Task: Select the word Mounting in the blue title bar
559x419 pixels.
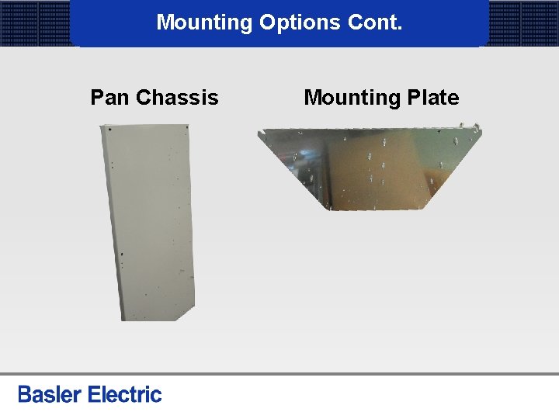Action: click(x=204, y=23)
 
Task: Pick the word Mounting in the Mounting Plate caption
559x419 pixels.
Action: click(x=351, y=98)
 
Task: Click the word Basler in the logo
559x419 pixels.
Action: click(x=50, y=394)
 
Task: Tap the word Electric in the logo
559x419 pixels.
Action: click(x=125, y=394)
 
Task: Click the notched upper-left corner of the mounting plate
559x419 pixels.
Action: click(x=262, y=133)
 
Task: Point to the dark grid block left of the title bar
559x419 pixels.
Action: click(x=35, y=23)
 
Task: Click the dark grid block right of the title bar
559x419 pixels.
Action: click(x=523, y=23)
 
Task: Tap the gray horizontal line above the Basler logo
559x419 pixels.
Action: click(x=279, y=374)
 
